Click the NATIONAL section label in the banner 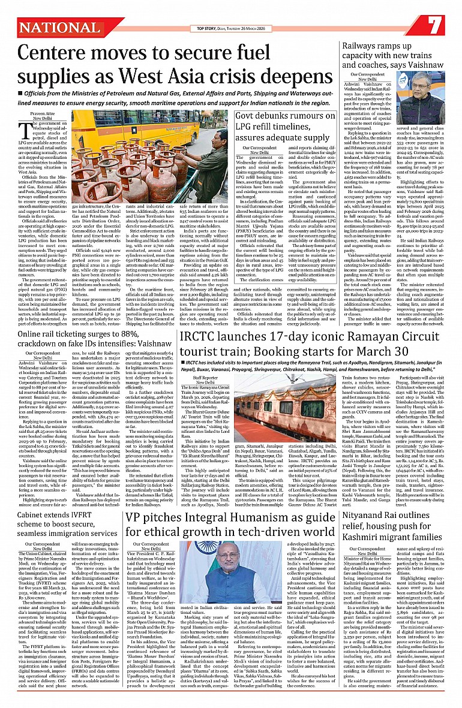(54, 26)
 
